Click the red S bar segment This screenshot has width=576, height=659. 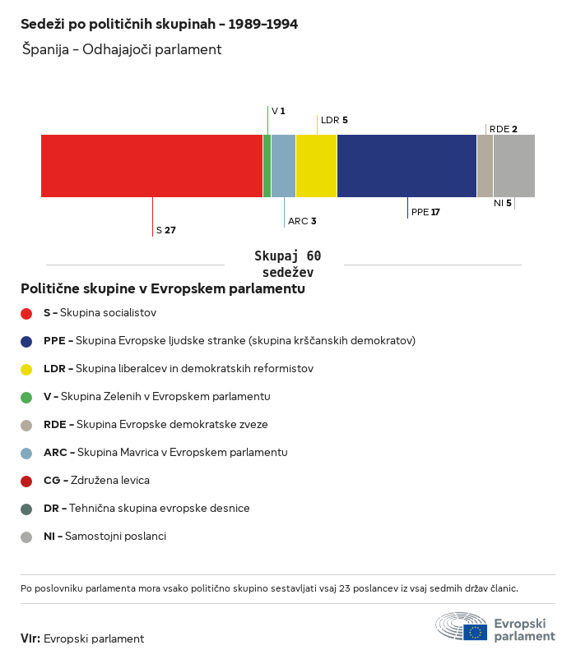point(152,166)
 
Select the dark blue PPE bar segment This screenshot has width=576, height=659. point(406,166)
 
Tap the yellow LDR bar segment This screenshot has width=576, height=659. point(317,166)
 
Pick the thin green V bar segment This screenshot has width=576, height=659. point(267,166)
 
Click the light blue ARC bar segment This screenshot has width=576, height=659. point(284,166)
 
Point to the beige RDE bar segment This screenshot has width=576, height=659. point(485,166)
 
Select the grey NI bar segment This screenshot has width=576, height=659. point(514,166)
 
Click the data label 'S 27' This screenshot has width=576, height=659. point(165,230)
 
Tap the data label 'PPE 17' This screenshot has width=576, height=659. point(425,212)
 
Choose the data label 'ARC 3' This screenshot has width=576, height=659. point(302,221)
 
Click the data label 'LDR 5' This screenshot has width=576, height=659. point(334,120)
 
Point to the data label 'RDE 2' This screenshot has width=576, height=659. point(504,129)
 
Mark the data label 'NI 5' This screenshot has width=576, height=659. point(503,204)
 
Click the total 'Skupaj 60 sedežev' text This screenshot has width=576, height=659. point(288,264)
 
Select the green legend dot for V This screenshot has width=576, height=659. point(26,397)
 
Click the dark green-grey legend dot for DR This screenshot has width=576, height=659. point(26,509)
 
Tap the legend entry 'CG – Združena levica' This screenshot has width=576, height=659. point(96,481)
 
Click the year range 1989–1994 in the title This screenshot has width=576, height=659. point(263,24)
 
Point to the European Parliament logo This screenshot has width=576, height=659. point(495,627)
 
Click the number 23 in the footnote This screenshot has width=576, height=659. point(344,588)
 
